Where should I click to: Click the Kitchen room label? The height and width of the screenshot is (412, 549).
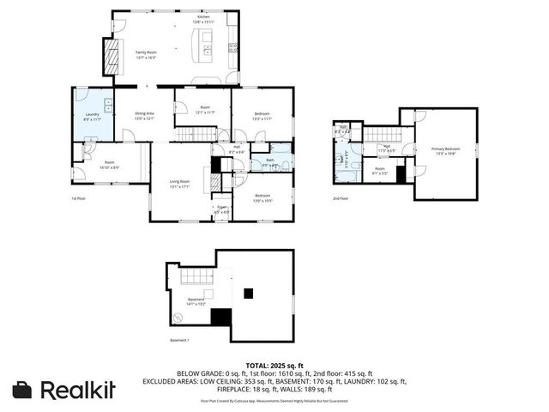coord(203,17)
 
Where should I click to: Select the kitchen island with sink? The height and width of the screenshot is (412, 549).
coord(203,44)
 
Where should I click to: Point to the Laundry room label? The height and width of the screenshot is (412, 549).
coord(92,116)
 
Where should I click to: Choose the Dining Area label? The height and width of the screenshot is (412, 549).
coord(144,114)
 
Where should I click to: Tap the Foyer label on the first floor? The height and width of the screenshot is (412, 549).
coord(221,209)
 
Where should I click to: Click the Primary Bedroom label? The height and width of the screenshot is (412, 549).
coord(444,151)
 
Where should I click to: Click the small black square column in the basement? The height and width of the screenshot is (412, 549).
coord(248,293)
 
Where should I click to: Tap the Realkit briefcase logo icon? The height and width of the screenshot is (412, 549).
coord(23,389)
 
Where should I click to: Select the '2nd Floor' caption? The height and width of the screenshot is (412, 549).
coord(341,198)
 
